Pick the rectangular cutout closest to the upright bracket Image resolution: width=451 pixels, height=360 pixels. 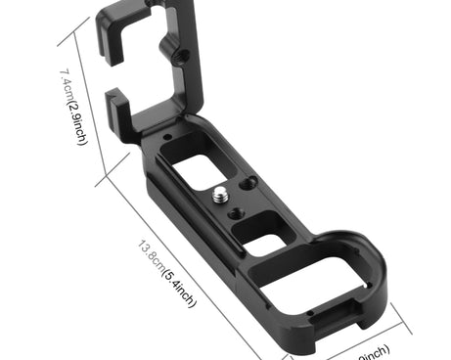(x=199, y=160)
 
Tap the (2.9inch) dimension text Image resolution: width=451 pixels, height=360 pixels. (x=77, y=121)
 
